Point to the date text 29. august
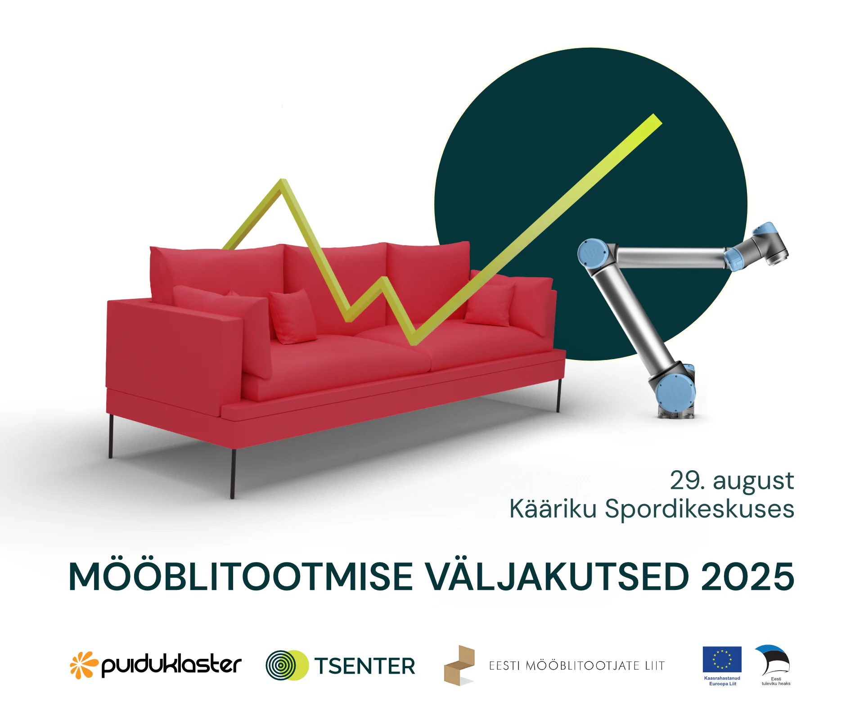pyautogui.click(x=732, y=481)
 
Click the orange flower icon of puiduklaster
pyautogui.click(x=84, y=665)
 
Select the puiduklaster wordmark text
pyautogui.click(x=171, y=665)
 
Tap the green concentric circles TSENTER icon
pyautogui.click(x=287, y=665)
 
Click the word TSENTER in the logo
pyautogui.click(x=364, y=666)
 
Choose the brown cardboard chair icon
pyautogui.click(x=459, y=665)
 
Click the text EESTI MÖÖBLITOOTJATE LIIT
pyautogui.click(x=577, y=666)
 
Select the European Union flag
pyautogui.click(x=722, y=659)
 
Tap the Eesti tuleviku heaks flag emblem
pyautogui.click(x=773, y=660)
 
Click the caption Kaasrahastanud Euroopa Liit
pyautogui.click(x=722, y=681)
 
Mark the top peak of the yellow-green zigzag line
pyautogui.click(x=283, y=180)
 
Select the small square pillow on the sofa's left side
pyautogui.click(x=293, y=316)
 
